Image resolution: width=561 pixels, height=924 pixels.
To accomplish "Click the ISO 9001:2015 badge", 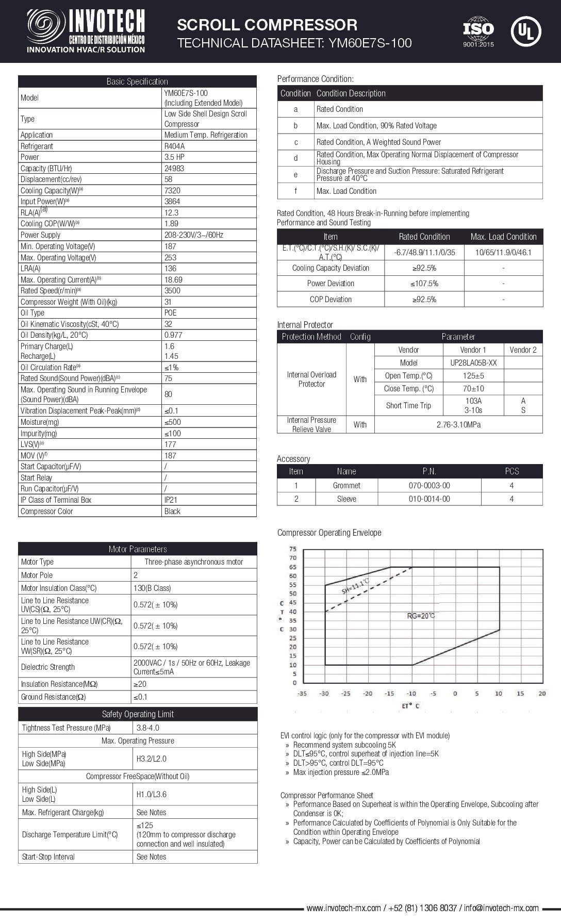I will click(478, 31).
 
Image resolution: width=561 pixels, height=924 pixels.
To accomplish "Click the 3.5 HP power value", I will click(174, 157).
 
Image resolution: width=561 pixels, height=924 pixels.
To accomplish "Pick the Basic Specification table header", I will click(137, 81).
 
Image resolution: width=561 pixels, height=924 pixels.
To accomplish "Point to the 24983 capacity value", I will click(174, 169).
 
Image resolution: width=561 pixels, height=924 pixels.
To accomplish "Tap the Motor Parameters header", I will click(137, 549).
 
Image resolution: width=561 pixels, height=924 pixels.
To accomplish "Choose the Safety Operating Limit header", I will click(138, 714).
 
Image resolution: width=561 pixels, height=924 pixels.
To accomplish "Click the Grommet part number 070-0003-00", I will click(429, 486).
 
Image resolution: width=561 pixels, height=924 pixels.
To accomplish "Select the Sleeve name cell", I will click(346, 499).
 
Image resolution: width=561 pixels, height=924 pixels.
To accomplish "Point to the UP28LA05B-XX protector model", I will click(473, 363).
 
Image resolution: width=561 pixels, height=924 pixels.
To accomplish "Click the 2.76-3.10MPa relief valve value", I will click(458, 425).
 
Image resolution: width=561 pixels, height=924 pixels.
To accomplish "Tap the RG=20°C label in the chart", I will click(421, 616).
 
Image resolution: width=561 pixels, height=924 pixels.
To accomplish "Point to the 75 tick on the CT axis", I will click(293, 549).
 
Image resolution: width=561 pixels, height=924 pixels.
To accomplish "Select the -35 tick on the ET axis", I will click(302, 694).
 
